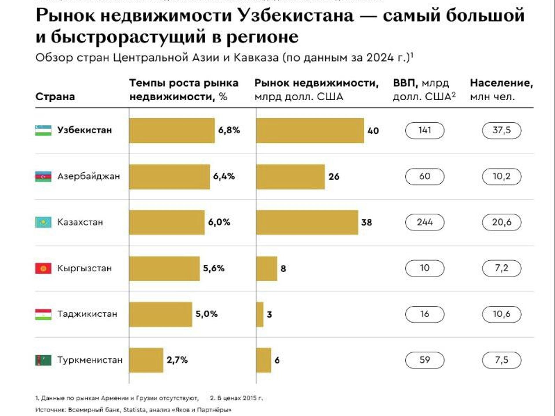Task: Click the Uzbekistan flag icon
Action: coord(43,130)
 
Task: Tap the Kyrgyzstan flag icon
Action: coord(43,268)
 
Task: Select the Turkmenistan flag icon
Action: coord(43,360)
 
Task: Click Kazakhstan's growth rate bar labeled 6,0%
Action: coord(167,222)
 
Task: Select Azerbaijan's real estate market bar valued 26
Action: coord(290,177)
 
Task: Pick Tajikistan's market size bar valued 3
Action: coord(260,314)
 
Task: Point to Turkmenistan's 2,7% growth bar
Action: coord(146,360)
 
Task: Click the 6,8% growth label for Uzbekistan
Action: coord(229,130)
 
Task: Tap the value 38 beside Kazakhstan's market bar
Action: coord(367,222)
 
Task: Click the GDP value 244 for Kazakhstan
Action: coord(425,222)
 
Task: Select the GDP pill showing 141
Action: coord(425,130)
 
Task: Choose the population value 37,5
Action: coord(502,130)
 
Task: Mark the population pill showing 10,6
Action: coord(502,314)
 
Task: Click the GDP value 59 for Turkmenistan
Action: coord(425,360)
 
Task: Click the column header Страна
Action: coord(55,96)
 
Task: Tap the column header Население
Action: coord(501,83)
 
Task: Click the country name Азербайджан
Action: coord(88,176)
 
